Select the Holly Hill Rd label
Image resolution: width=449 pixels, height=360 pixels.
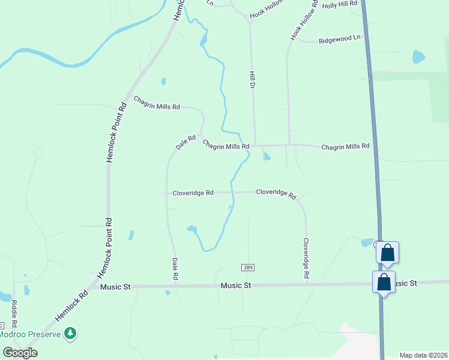click(339, 4)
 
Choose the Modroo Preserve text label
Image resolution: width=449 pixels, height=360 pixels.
click(30, 334)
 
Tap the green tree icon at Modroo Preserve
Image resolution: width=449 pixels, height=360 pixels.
click(71, 333)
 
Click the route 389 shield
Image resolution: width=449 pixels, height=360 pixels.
click(248, 267)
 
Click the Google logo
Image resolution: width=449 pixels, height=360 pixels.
click(20, 353)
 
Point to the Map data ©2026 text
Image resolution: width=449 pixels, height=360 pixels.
click(424, 355)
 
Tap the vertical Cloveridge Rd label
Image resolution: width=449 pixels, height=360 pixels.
click(306, 258)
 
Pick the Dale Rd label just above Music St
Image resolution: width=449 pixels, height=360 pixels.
click(175, 269)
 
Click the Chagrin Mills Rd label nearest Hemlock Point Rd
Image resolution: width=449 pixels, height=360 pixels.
click(156, 103)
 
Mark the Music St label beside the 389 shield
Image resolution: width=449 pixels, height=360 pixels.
click(235, 286)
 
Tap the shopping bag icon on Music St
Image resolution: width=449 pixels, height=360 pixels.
click(384, 281)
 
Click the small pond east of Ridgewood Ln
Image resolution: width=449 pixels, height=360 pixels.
click(418, 57)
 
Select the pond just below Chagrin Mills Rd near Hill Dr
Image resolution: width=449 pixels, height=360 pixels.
click(267, 157)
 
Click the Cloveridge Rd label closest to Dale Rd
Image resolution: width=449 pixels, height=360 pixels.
click(193, 193)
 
